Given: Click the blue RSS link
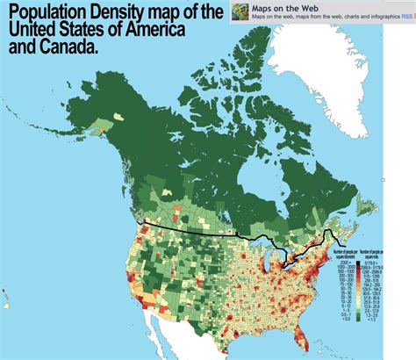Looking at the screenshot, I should (407, 22).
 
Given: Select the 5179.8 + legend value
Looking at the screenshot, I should (377, 262).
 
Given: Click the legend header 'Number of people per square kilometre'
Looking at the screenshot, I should (346, 254).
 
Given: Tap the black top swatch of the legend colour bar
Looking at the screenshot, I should (361, 262).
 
